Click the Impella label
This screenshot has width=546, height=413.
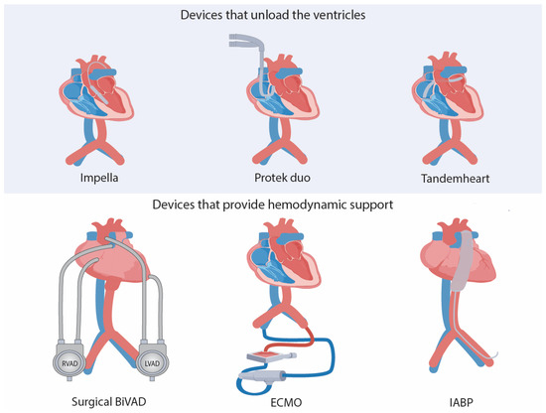point(108,182)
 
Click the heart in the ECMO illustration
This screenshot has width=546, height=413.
point(272,253)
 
